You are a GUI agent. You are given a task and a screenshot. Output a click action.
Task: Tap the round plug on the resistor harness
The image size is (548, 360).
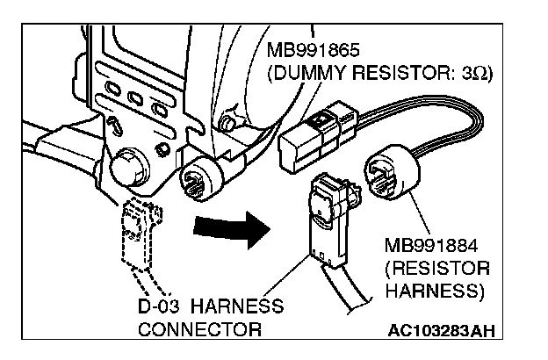[394, 176]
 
